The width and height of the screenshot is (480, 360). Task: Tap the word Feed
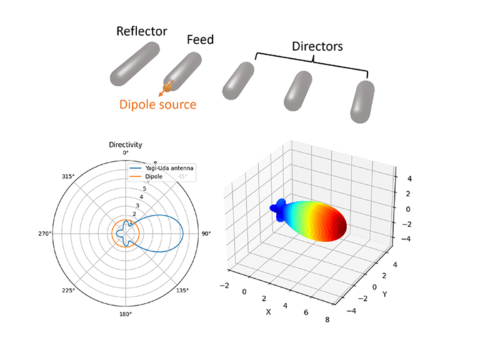click(x=200, y=40)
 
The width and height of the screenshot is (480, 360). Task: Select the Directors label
click(x=317, y=46)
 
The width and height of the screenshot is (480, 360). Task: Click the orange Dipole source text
click(x=157, y=104)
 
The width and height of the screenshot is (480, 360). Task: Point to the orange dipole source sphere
click(x=167, y=87)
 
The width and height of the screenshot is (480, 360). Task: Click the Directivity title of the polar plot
click(x=126, y=144)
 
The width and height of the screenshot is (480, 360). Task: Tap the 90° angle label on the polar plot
click(x=206, y=234)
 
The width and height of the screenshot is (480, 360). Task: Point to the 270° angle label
click(x=44, y=234)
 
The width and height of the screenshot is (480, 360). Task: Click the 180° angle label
click(x=126, y=314)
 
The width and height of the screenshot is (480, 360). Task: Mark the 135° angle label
click(x=183, y=291)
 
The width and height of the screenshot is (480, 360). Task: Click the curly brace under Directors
click(x=311, y=60)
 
